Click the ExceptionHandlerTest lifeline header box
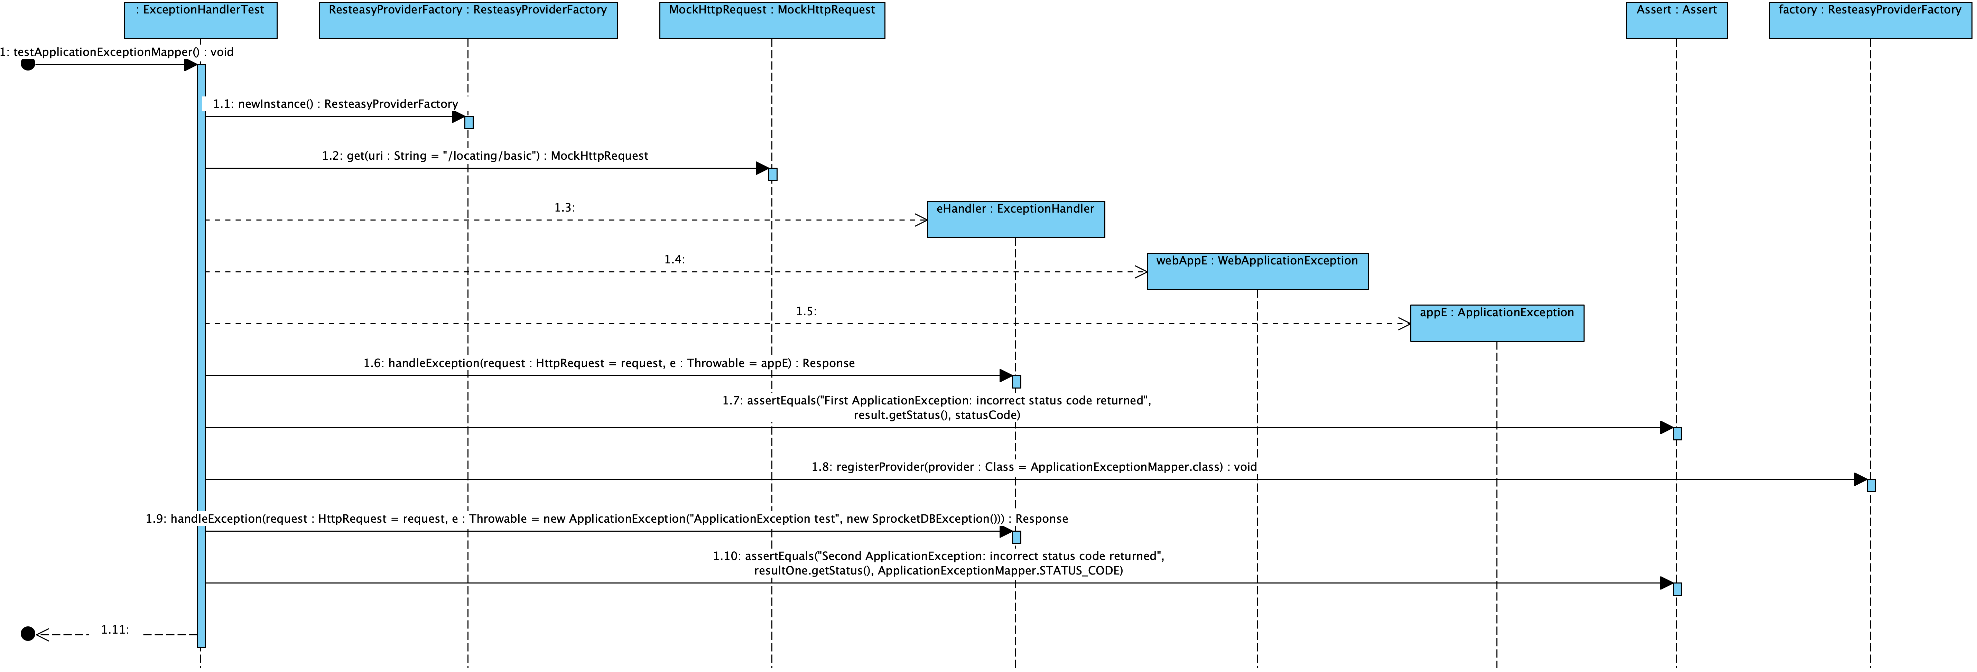(x=200, y=20)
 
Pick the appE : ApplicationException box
(x=1496, y=323)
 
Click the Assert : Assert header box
(x=1676, y=20)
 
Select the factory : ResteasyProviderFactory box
(x=1869, y=20)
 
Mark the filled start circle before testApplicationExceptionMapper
(x=28, y=64)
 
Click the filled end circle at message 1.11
(x=28, y=634)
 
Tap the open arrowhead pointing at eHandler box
(x=921, y=220)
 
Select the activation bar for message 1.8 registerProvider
(x=1871, y=485)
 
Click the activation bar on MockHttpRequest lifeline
(x=773, y=174)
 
